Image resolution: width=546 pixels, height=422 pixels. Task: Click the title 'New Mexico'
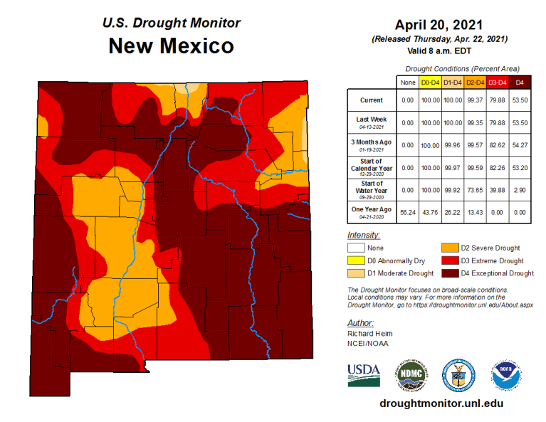pos(171,46)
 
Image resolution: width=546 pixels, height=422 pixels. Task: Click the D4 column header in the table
pos(520,83)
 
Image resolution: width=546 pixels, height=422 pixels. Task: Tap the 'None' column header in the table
pos(408,83)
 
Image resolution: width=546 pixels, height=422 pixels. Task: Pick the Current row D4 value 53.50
pos(520,100)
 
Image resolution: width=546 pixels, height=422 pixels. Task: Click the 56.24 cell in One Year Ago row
pos(408,211)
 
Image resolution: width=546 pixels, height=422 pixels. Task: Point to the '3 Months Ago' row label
pos(371,144)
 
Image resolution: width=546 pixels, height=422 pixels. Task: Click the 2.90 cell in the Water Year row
pos(520,189)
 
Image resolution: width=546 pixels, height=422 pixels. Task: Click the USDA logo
pos(363,374)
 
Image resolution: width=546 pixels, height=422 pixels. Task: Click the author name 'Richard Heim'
pos(369,334)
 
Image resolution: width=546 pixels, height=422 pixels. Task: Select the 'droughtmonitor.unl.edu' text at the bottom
pos(442,403)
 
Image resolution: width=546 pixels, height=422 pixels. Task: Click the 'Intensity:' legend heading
pos(364,235)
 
